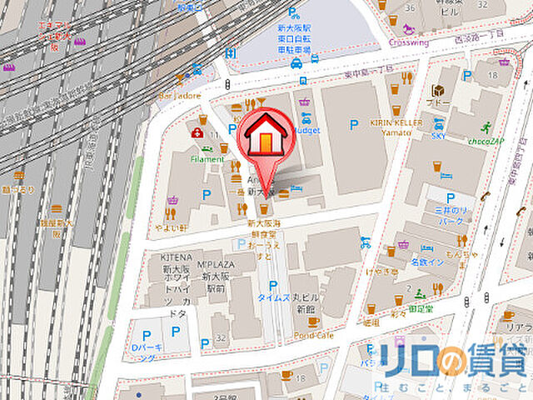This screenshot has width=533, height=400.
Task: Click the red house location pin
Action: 265,138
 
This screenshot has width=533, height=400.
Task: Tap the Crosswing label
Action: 407,42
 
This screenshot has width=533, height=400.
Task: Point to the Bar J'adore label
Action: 180,95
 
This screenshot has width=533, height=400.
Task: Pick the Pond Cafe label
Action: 313,334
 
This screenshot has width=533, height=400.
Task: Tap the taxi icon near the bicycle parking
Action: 296,62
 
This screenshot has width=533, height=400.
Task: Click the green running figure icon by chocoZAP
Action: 486,127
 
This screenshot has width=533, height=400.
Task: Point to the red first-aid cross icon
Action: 197,133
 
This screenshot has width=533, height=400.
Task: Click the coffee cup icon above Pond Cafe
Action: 313,321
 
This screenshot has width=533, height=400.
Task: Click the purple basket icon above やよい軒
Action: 172,201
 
